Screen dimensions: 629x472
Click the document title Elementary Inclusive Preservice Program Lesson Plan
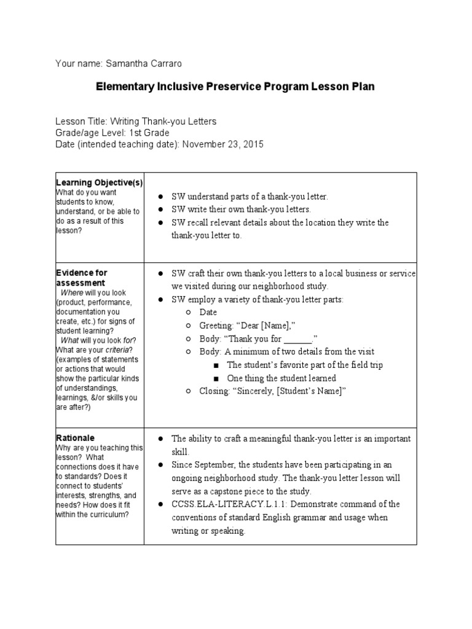click(x=235, y=87)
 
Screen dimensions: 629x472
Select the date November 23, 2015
click(x=224, y=144)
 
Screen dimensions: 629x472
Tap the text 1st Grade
click(x=149, y=133)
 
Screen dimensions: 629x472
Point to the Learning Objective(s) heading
click(x=100, y=182)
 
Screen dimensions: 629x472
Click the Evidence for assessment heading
click(x=81, y=277)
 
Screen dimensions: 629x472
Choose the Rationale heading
click(x=75, y=438)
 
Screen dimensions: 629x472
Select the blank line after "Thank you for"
click(x=299, y=339)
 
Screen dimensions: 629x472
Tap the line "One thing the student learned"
click(x=281, y=378)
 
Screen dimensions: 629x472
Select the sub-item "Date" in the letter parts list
click(x=208, y=313)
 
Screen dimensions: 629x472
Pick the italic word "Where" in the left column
click(x=71, y=293)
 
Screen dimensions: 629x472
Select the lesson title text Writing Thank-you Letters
click(x=163, y=122)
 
